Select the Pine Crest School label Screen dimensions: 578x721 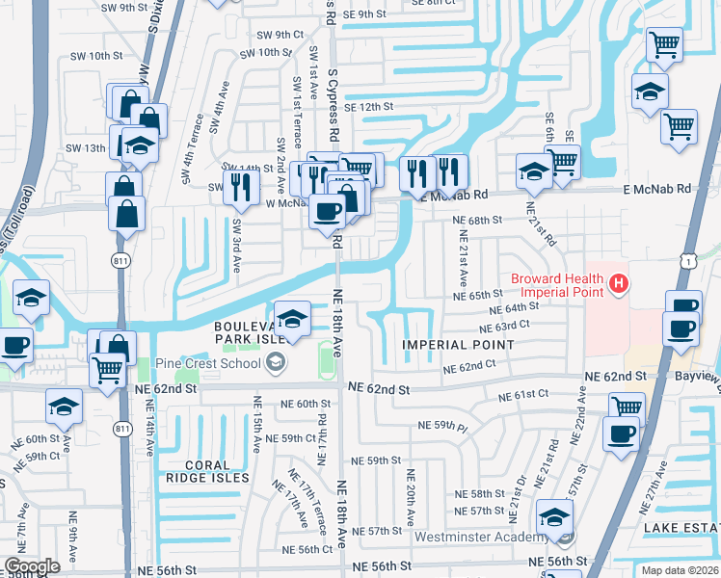[x=211, y=363]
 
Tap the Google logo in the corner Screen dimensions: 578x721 [x=32, y=566]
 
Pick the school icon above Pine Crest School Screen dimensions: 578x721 [x=291, y=316]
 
